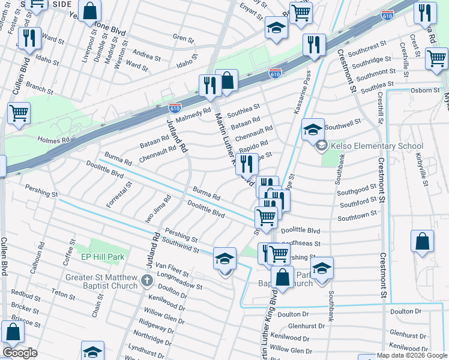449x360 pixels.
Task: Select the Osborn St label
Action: coord(424,90)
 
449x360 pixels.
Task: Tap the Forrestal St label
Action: coord(119,192)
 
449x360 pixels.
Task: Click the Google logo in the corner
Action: coord(20,353)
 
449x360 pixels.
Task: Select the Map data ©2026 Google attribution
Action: coord(411,355)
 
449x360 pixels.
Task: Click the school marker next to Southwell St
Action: coord(313,129)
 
